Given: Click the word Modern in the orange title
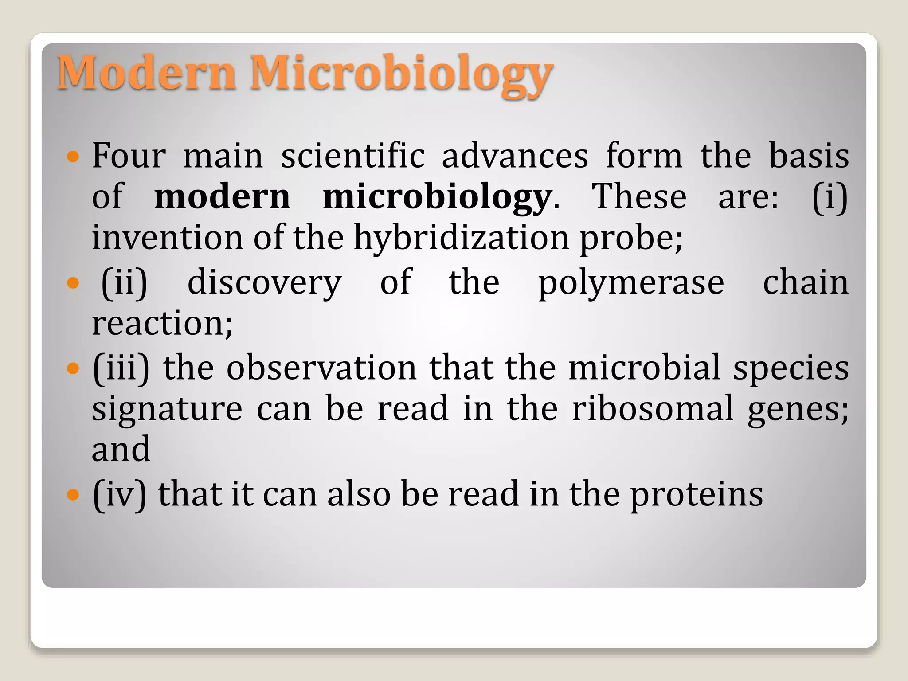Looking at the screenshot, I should (x=146, y=72).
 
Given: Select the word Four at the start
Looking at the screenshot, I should (x=129, y=156).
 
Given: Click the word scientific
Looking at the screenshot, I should (x=353, y=156).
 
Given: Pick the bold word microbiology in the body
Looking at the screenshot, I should (x=437, y=197).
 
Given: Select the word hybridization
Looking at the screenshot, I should (x=462, y=237).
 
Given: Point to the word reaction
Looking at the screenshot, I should (x=162, y=323).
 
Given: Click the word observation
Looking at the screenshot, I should (x=321, y=368).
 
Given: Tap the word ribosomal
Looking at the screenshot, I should (x=652, y=408).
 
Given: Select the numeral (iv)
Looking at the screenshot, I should (x=119, y=494).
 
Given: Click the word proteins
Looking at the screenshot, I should (x=697, y=495).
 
